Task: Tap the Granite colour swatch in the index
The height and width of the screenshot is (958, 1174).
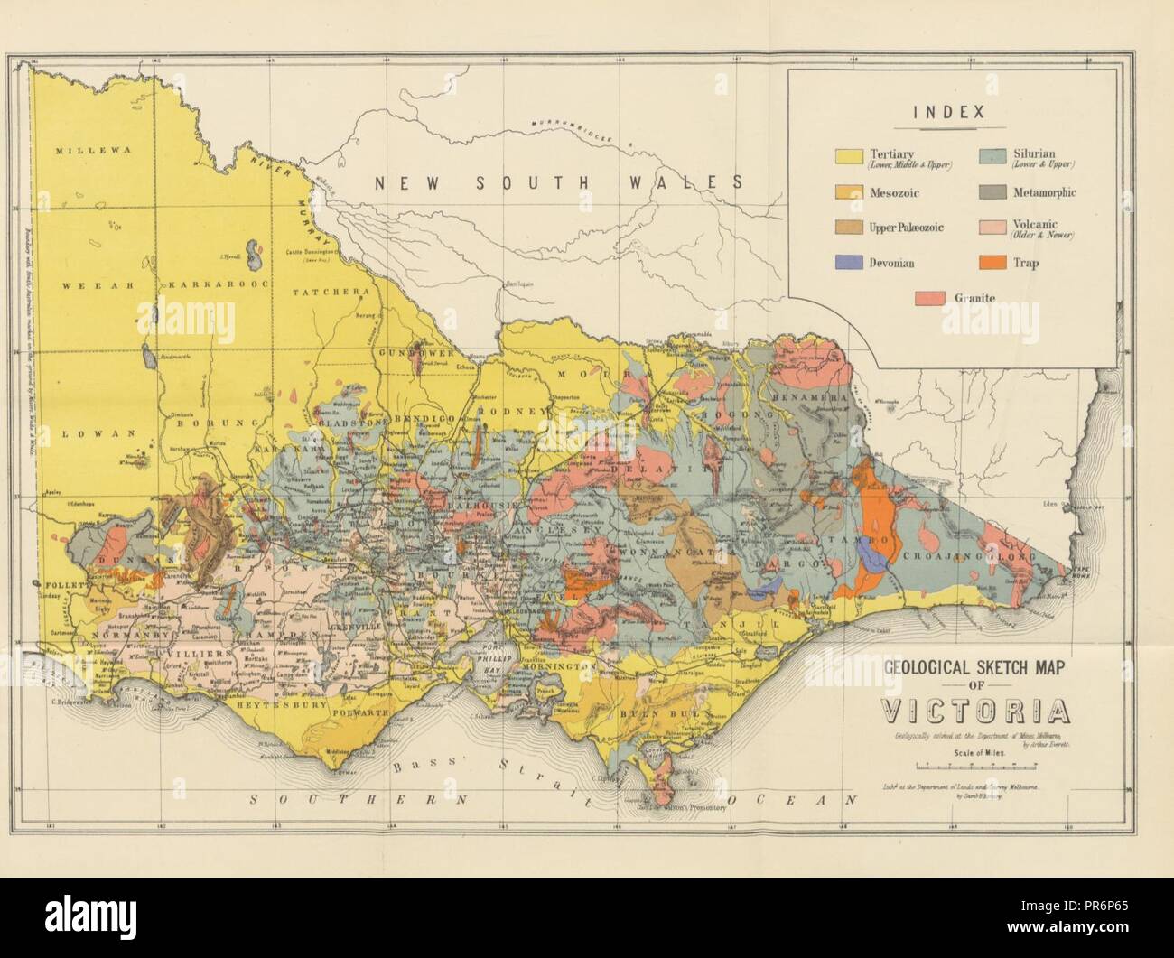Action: click(x=929, y=297)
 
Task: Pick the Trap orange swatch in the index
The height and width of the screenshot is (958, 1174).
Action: click(x=993, y=263)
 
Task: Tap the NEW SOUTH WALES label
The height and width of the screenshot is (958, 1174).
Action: click(x=559, y=182)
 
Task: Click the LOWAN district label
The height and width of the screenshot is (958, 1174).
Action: click(x=88, y=433)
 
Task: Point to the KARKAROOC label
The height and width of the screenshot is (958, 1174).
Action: click(x=202, y=285)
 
